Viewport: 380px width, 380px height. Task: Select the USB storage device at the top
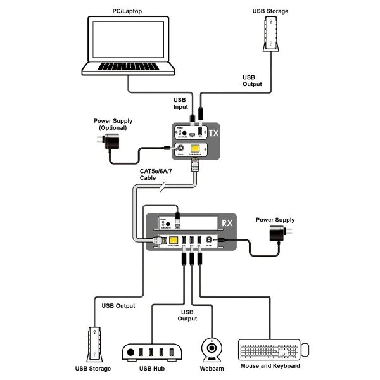tap(270, 35)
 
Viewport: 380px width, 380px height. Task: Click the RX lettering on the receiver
tap(227, 223)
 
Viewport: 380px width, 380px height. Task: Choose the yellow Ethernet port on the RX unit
tap(172, 240)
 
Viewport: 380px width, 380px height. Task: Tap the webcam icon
tap(211, 349)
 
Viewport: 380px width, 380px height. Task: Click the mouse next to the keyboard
tap(305, 349)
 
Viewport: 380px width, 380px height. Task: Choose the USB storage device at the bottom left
tap(93, 345)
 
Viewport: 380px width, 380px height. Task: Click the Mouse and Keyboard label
tap(270, 366)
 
